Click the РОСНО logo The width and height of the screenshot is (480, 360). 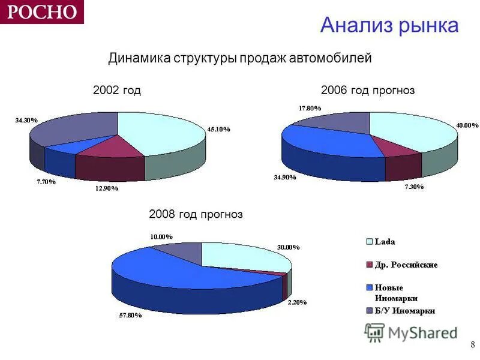click(x=41, y=11)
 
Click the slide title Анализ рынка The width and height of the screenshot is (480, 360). click(x=389, y=25)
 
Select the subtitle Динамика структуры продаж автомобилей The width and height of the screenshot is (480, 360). click(x=240, y=58)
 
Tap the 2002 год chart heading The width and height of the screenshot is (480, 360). click(x=117, y=91)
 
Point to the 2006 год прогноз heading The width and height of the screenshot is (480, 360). click(x=368, y=91)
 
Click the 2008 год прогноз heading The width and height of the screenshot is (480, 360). click(x=196, y=214)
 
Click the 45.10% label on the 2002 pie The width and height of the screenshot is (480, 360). click(x=218, y=129)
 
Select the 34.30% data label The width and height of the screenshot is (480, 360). click(x=26, y=120)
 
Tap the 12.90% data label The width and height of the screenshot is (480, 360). click(x=106, y=188)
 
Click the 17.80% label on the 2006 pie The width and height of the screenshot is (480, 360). click(x=310, y=108)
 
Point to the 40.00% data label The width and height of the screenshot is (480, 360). click(x=467, y=125)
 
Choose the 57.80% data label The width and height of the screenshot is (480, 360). click(x=130, y=315)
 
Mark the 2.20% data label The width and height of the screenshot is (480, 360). click(x=296, y=302)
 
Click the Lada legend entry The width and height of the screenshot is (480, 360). click(x=385, y=242)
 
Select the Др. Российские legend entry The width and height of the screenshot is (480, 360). click(x=406, y=265)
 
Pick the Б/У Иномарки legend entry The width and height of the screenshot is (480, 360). click(x=404, y=310)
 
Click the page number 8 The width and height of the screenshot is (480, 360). click(x=473, y=344)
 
